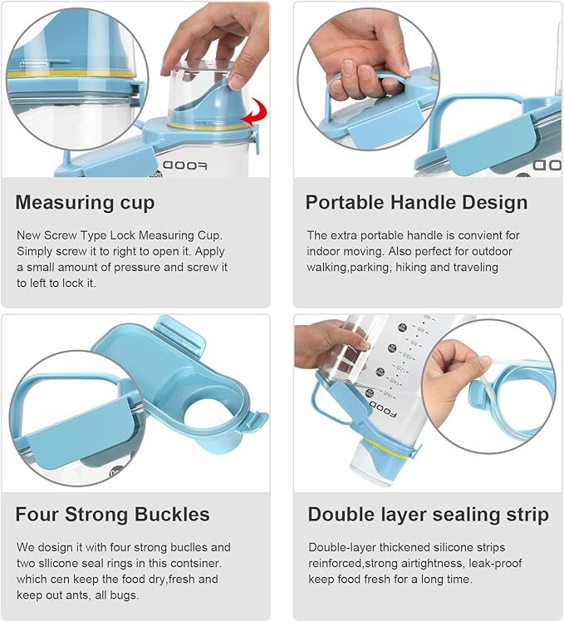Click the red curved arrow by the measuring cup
pyautogui.click(x=257, y=113)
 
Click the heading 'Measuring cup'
pyautogui.click(x=85, y=203)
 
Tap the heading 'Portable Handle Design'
pyautogui.click(x=416, y=202)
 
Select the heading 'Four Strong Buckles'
pyautogui.click(x=113, y=515)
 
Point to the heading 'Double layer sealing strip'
pyautogui.click(x=429, y=515)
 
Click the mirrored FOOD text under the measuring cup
pyautogui.click(x=184, y=165)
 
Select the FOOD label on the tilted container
pyautogui.click(x=383, y=410)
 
